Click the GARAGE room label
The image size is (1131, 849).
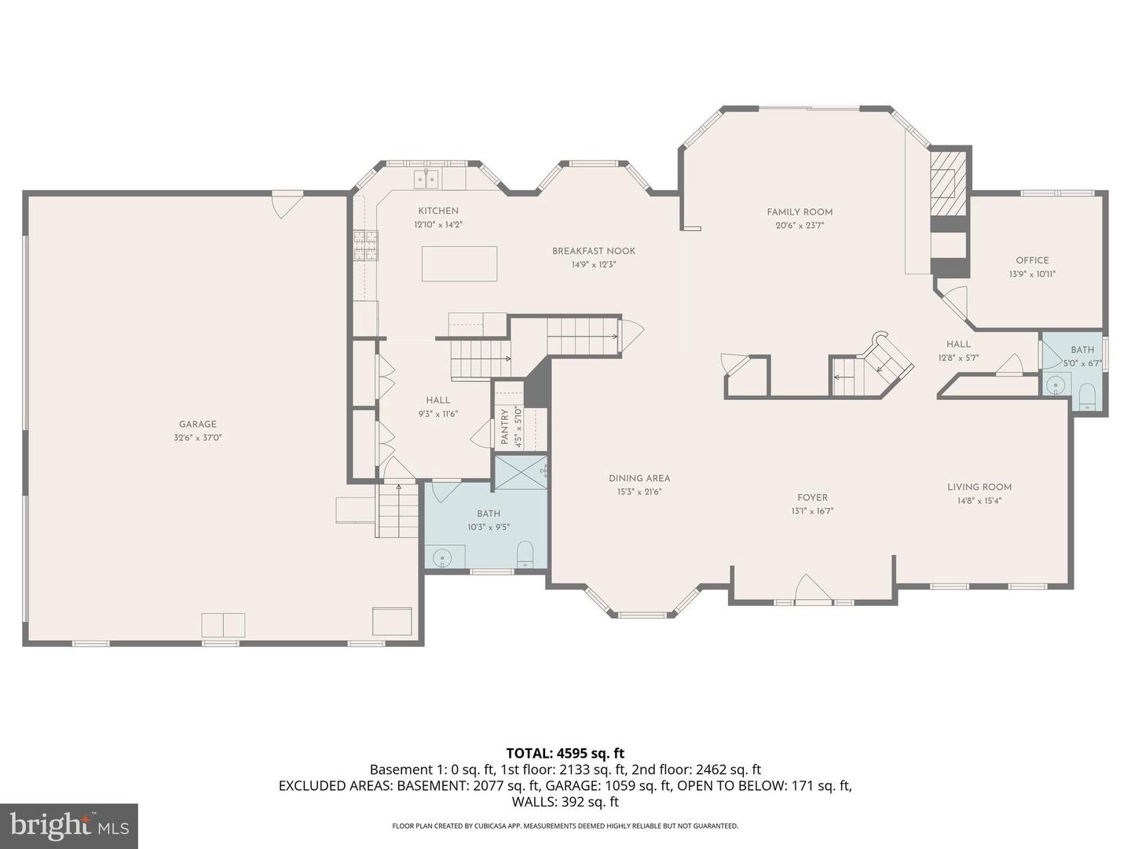click(x=197, y=424)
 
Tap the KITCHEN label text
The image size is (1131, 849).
click(x=438, y=211)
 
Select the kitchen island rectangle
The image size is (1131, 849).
click(x=459, y=263)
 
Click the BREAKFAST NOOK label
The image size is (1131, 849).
click(x=594, y=251)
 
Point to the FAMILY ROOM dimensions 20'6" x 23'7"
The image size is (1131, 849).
click(x=800, y=226)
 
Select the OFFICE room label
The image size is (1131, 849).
click(x=1032, y=260)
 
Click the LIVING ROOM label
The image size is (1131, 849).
click(x=979, y=487)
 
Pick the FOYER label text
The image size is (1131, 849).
click(x=812, y=498)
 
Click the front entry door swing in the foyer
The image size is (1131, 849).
click(x=812, y=590)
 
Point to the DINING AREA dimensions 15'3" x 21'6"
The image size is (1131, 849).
click(x=639, y=492)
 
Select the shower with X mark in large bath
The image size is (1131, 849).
click(x=521, y=472)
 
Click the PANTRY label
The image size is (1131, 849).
click(x=505, y=427)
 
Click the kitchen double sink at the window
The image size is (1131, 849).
click(x=427, y=179)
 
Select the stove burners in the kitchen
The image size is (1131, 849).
click(x=365, y=244)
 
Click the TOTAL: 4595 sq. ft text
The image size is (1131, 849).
click(x=565, y=753)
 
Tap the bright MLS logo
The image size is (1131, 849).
click(x=69, y=825)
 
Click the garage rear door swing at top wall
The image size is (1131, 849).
click(x=287, y=204)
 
